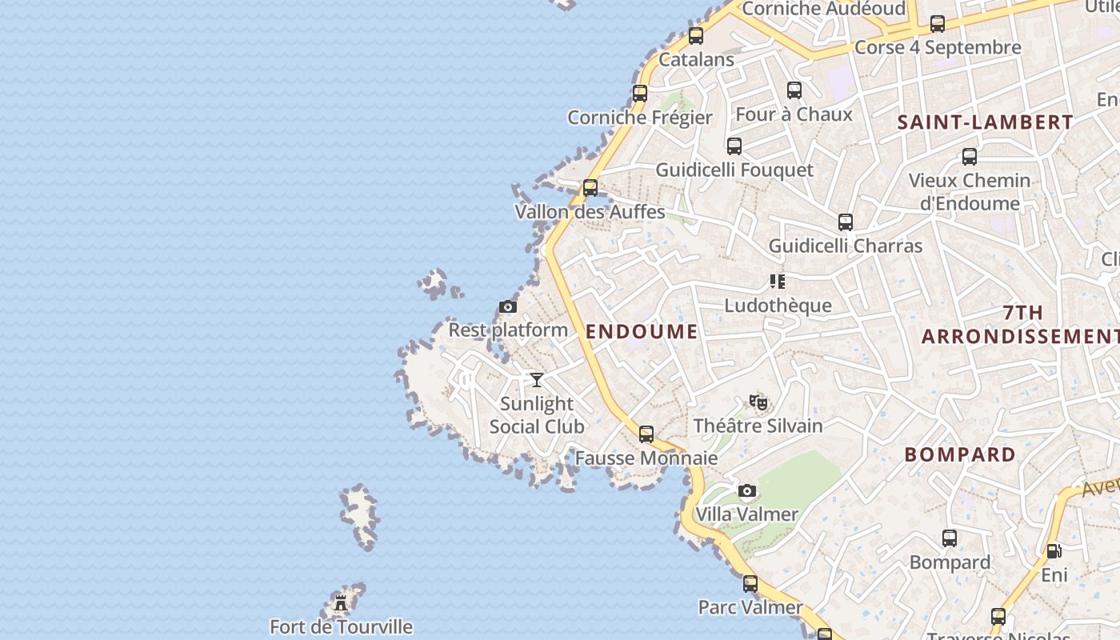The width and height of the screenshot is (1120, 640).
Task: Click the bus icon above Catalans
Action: pos(696,36)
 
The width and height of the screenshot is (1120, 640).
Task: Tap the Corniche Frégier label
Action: pos(639,118)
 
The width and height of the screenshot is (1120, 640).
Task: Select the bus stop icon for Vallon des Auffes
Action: pos(590,188)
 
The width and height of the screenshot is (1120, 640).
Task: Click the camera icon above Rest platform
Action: pos(507,306)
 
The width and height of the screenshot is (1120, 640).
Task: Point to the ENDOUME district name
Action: pos(642,331)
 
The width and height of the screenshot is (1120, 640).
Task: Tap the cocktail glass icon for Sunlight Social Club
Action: pos(537,379)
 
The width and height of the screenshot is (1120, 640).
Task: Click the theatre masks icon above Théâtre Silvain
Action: pos(758,402)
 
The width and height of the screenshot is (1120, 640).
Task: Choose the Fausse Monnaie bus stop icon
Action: pos(646,434)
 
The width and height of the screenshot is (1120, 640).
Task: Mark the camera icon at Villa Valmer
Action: pos(746,490)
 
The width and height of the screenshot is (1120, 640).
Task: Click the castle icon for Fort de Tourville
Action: pos(342,602)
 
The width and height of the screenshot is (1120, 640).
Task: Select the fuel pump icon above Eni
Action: pos(1054,551)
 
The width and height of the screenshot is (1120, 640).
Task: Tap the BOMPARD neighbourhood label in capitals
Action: pos(960,454)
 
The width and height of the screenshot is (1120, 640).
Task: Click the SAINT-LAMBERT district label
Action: pos(985,122)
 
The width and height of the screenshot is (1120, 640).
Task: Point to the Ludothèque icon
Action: pos(778,281)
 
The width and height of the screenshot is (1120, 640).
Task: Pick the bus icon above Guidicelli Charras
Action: pos(846,222)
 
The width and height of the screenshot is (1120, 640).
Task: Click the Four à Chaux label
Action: pos(794,114)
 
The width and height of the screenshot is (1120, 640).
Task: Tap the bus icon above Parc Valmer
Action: pos(750,583)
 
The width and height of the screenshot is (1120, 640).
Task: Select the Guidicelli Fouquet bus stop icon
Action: pos(734,146)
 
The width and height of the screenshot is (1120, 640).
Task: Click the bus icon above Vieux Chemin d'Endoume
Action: pos(970,157)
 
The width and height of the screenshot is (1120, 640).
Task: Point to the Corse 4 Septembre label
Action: pos(938,47)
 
